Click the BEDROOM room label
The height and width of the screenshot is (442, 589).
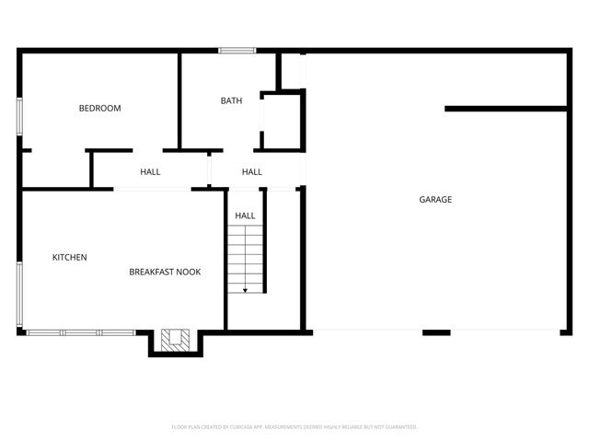(99, 109)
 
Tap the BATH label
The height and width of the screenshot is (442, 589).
(231, 100)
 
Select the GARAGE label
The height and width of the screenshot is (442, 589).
(435, 199)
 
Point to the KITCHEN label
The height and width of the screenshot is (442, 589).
(70, 257)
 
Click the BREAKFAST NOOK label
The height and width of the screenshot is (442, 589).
(165, 272)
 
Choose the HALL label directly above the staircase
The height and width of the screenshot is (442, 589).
(245, 215)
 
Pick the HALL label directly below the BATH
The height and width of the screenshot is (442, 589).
(251, 171)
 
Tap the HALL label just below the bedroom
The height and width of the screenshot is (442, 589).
(150, 171)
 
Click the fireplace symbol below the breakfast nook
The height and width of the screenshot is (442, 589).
(175, 341)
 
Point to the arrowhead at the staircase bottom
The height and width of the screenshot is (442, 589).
(245, 290)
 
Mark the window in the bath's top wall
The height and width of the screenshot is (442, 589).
(237, 50)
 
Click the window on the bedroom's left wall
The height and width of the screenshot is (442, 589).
(19, 118)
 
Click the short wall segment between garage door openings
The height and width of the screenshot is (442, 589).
(436, 331)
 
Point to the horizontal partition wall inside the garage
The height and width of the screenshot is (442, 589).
(505, 109)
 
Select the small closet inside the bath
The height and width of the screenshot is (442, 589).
(283, 120)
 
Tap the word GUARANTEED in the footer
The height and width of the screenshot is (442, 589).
(397, 427)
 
